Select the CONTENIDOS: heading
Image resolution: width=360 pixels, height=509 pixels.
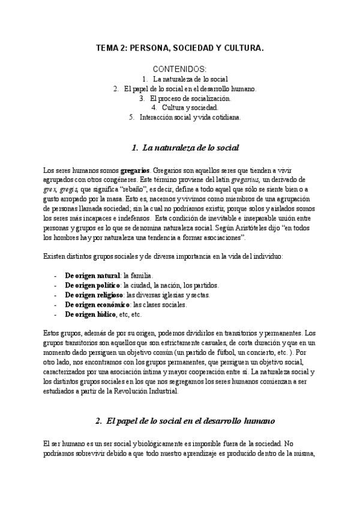click(179, 69)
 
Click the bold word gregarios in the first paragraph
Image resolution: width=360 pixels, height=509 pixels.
click(136, 170)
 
